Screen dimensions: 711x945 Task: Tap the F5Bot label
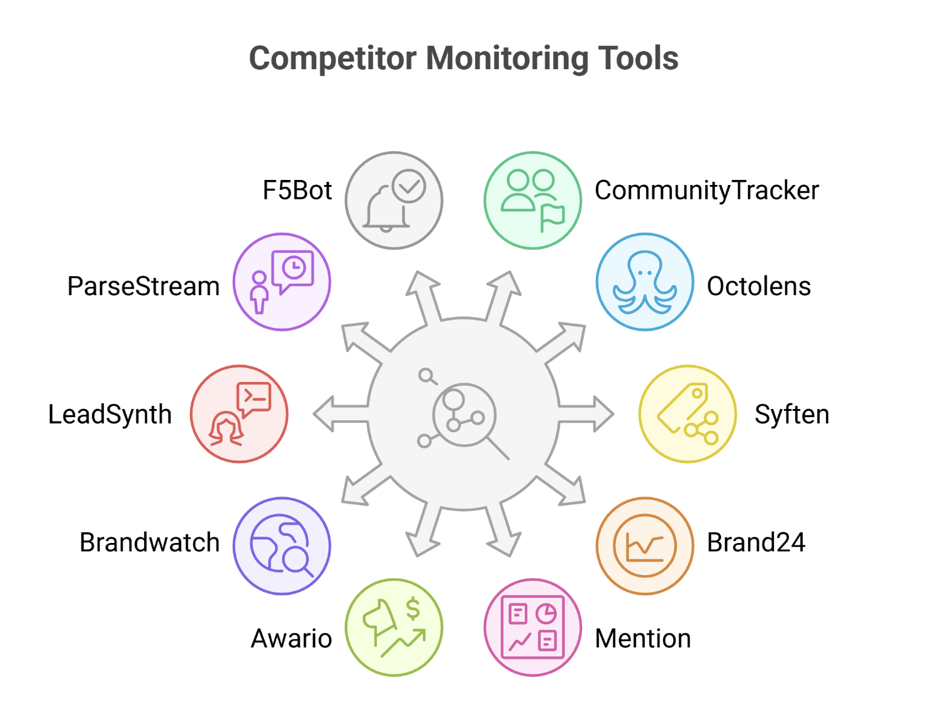pos(297,191)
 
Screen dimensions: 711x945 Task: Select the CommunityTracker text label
pos(707,191)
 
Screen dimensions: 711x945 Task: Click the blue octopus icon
pos(645,282)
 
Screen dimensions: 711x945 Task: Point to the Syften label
pos(791,415)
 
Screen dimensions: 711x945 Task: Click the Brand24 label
pos(756,542)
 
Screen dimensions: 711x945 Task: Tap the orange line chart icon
pos(645,546)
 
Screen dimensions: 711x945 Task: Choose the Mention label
pos(642,639)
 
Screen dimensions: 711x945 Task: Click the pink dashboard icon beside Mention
pos(533,627)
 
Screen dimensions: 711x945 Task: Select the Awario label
pos(291,639)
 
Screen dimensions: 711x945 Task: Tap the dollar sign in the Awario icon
pos(413,608)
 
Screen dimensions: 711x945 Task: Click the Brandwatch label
pos(149,542)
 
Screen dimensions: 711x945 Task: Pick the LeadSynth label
pos(110,415)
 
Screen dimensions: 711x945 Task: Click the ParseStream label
pos(143,286)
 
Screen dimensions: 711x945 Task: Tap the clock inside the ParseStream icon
pos(294,268)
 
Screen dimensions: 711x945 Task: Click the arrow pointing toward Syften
pos(588,415)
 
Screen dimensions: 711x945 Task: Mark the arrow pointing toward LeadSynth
pos(337,415)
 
